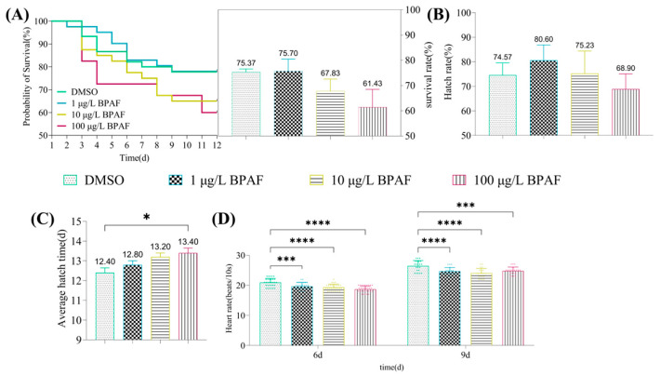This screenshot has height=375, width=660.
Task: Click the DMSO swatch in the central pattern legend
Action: [x=67, y=180]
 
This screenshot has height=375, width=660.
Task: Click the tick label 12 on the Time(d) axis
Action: [x=217, y=145]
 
